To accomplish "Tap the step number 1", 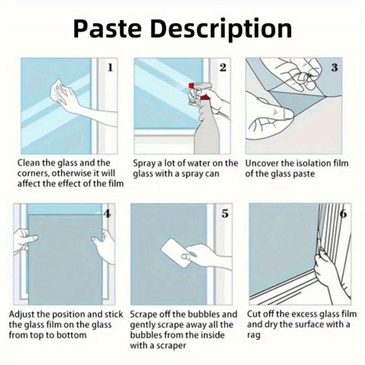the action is click(x=110, y=68).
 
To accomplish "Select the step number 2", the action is click(x=223, y=68).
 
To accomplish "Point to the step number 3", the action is click(x=334, y=68).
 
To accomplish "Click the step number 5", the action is click(x=225, y=214).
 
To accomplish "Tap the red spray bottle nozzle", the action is click(x=191, y=85).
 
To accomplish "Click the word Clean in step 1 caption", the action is click(x=29, y=163).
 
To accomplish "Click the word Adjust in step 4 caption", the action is click(x=21, y=315).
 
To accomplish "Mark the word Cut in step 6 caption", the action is click(x=254, y=314).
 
